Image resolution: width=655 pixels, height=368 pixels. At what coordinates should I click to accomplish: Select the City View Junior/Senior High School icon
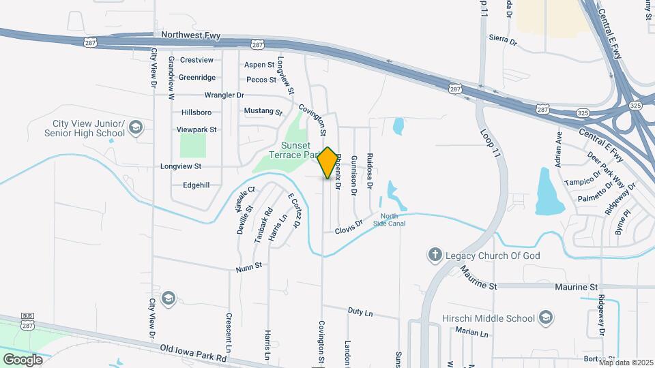[136, 127]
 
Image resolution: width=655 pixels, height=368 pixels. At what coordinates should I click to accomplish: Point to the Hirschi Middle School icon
[545, 318]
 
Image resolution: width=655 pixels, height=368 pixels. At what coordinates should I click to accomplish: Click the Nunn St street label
[249, 266]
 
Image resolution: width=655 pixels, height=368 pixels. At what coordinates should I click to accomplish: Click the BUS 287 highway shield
[28, 321]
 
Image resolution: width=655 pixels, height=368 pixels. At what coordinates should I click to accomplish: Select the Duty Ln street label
[360, 311]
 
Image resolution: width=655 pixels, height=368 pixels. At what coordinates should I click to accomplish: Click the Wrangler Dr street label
[224, 95]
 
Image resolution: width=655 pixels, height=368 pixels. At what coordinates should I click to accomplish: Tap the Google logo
[23, 359]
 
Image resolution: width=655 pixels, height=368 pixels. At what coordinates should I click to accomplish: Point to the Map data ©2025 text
[626, 362]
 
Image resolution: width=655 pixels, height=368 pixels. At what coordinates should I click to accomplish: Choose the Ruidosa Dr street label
[370, 170]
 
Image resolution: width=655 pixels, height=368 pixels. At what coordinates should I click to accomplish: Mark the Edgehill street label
[196, 185]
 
